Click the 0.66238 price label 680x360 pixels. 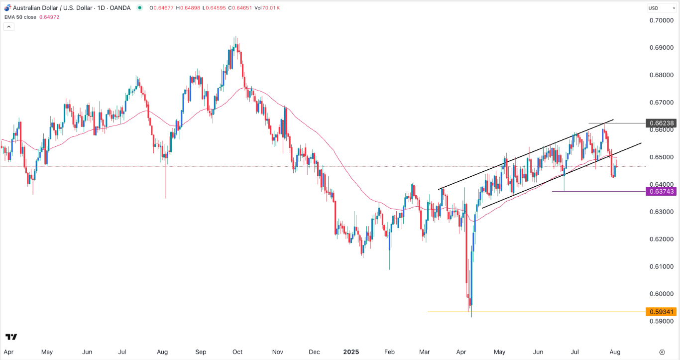[661, 122]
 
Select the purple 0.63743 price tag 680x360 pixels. [661, 191]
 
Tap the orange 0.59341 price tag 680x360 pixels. [661, 312]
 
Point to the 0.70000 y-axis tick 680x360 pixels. [661, 20]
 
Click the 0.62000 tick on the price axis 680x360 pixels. [661, 239]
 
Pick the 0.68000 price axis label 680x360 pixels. [661, 75]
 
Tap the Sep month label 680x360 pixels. [201, 352]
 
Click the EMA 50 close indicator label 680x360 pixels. [19, 16]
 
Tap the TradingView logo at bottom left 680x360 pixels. [11, 337]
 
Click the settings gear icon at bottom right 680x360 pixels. [662, 352]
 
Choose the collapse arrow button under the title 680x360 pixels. [9, 27]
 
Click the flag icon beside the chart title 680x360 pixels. [7, 7]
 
